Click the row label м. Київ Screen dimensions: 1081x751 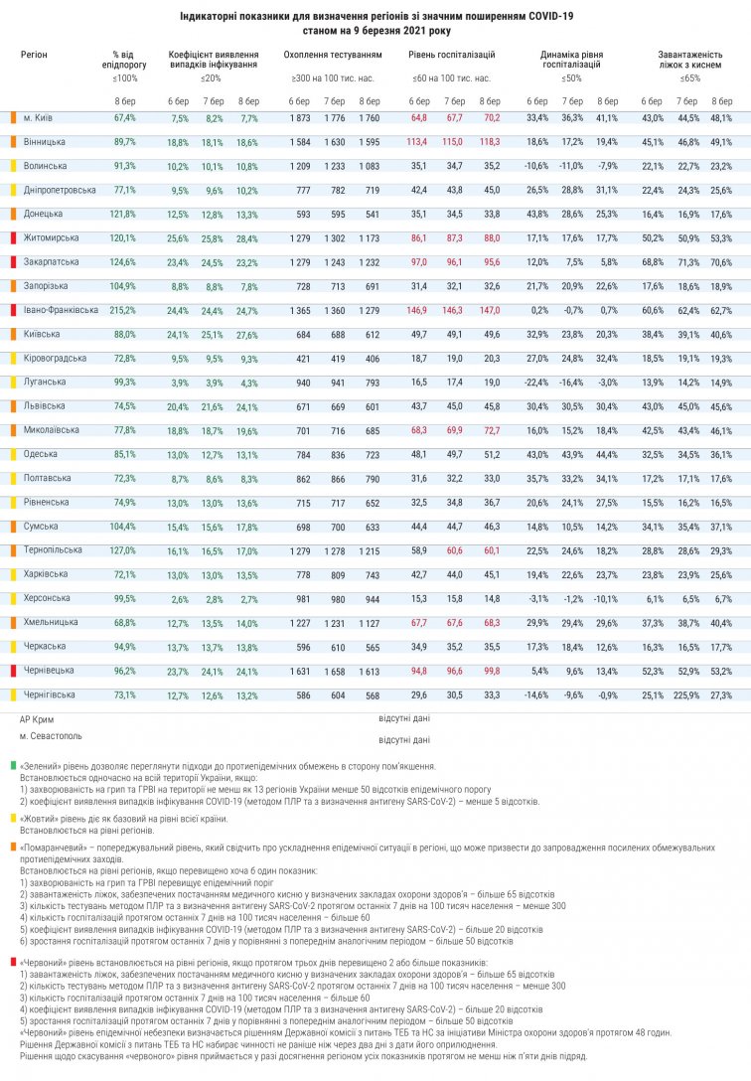click(x=37, y=117)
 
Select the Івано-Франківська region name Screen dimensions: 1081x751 click(x=60, y=310)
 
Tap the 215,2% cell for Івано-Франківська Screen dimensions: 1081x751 click(x=124, y=310)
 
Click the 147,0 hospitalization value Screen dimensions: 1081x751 click(x=490, y=310)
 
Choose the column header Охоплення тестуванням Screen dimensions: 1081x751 click(x=331, y=55)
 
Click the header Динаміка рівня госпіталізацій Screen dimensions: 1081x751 click(x=571, y=59)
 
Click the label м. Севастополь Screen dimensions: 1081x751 click(x=51, y=736)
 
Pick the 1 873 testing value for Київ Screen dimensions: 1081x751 click(x=299, y=117)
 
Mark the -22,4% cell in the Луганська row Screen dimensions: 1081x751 click(x=536, y=382)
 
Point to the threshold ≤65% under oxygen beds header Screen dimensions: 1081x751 click(x=690, y=77)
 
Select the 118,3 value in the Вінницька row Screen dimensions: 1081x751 click(x=490, y=142)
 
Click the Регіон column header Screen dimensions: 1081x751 click(x=34, y=55)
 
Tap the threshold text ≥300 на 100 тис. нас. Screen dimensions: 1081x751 click(x=333, y=77)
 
